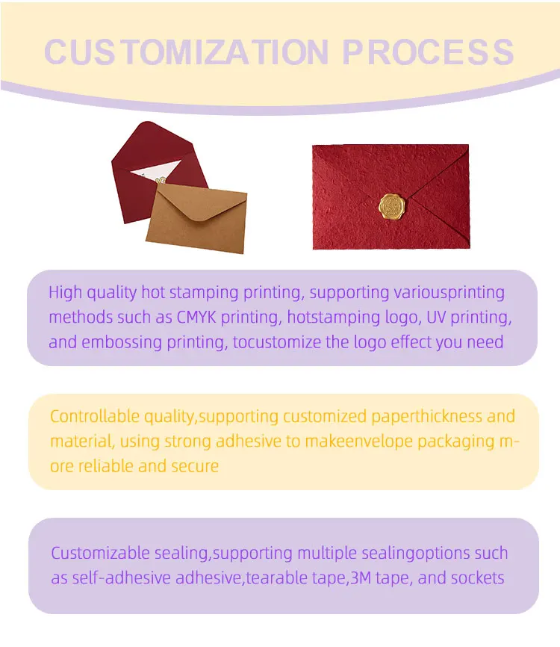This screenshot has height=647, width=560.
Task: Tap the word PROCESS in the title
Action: pyautogui.click(x=428, y=52)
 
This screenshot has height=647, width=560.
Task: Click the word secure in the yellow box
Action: pyautogui.click(x=196, y=466)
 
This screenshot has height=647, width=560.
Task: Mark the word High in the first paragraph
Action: pyautogui.click(x=65, y=292)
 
